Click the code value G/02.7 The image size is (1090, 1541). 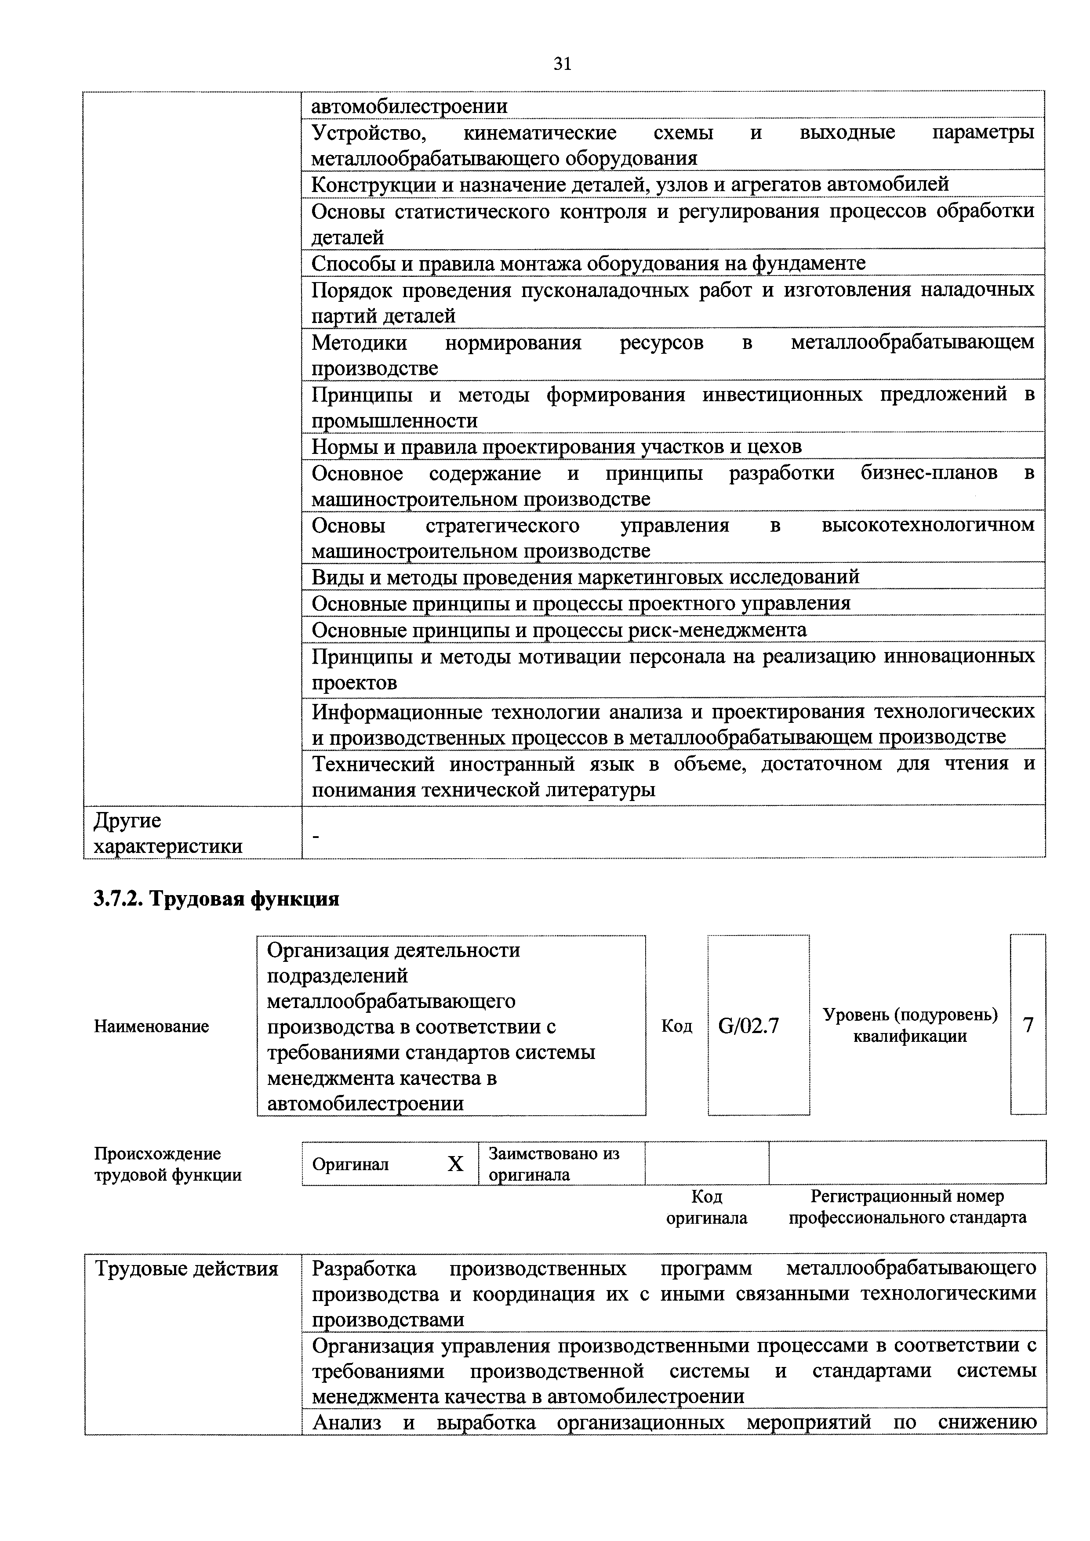[748, 1026]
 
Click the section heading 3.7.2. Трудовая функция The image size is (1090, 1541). [216, 899]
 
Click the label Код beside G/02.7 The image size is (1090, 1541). [676, 1026]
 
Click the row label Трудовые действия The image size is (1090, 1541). [187, 1269]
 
